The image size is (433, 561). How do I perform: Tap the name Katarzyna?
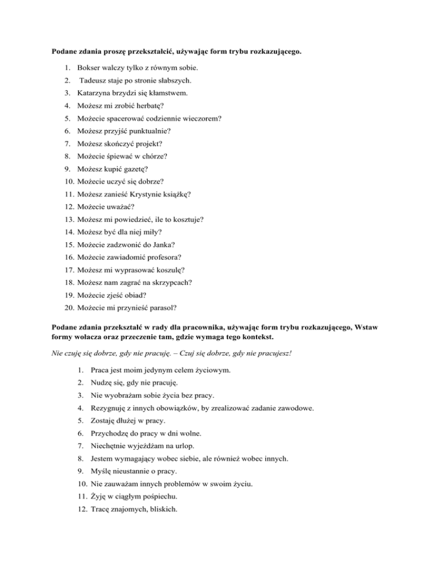(97, 93)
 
